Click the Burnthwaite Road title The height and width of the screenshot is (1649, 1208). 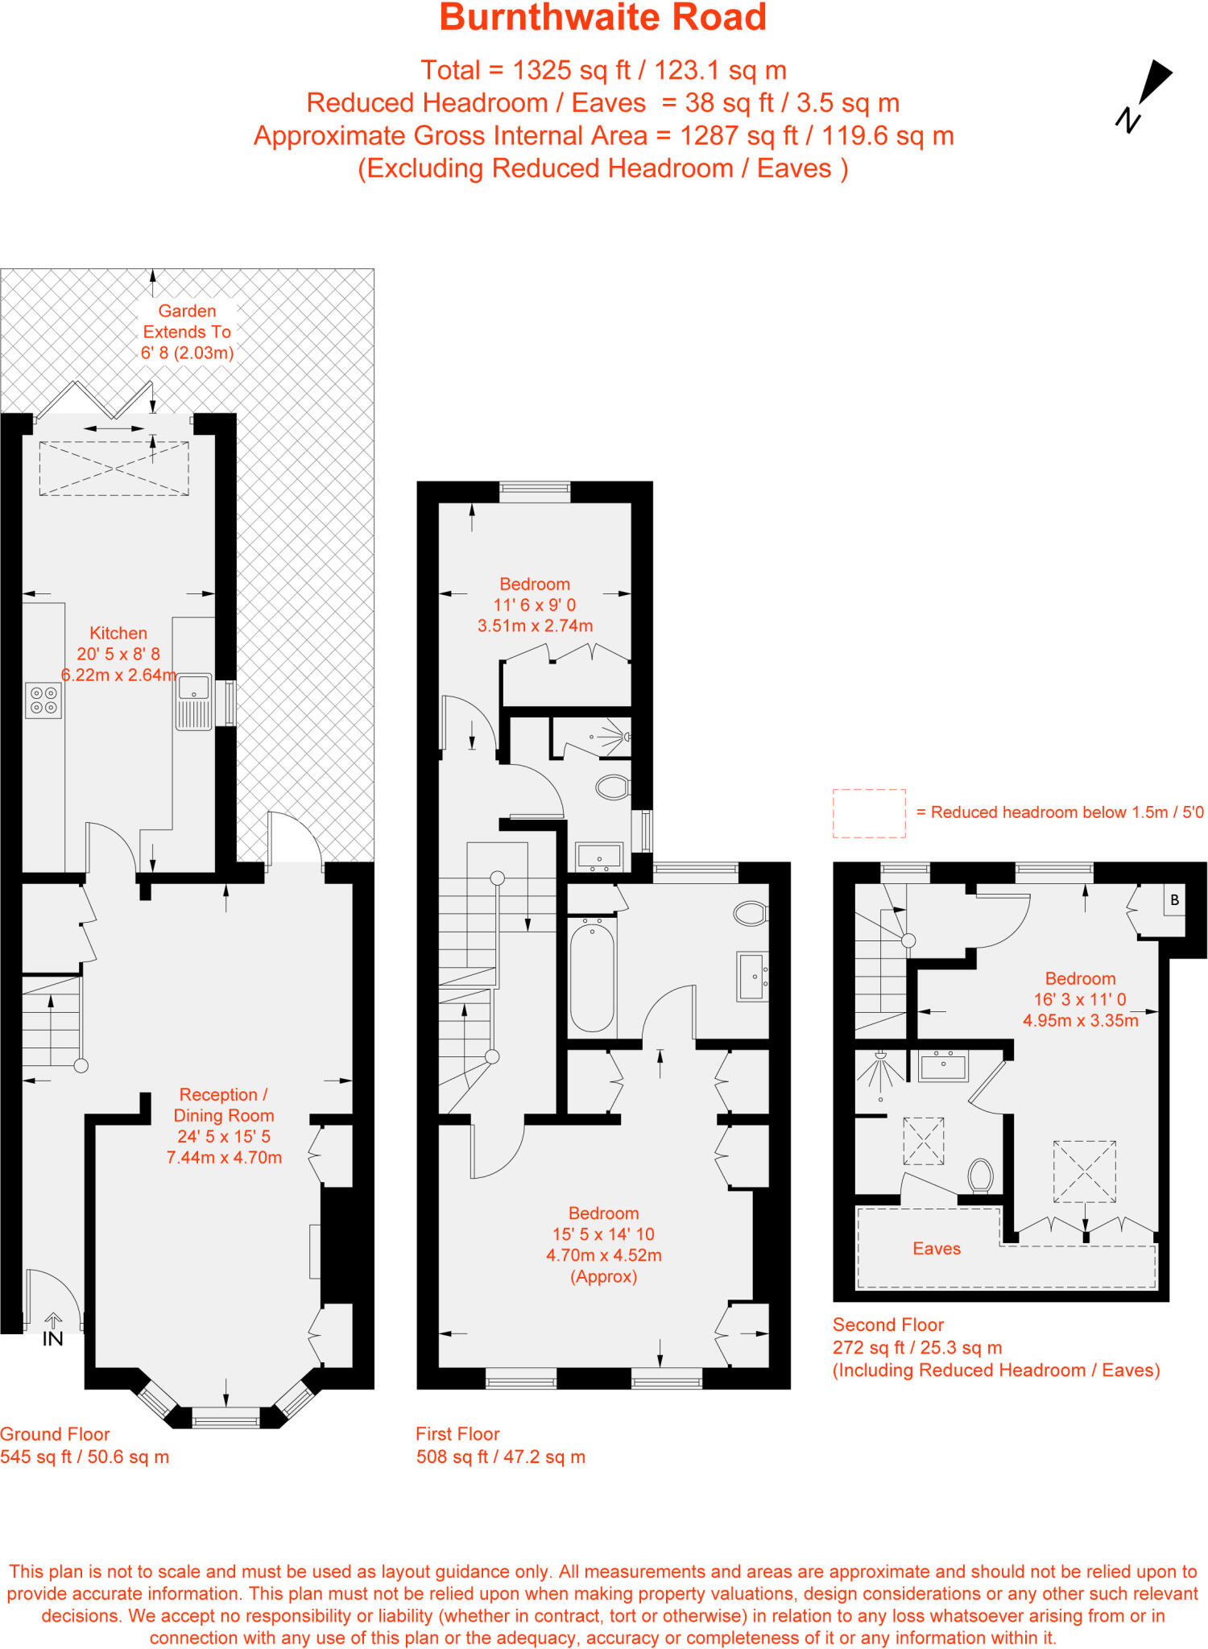click(x=602, y=18)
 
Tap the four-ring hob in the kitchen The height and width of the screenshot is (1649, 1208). click(x=43, y=700)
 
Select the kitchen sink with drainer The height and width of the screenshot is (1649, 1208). click(x=194, y=702)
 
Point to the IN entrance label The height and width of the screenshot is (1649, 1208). click(x=52, y=1338)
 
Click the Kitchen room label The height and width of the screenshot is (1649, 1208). click(x=118, y=634)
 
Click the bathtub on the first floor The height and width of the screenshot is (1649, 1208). click(x=593, y=977)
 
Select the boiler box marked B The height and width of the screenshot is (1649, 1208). click(x=1174, y=900)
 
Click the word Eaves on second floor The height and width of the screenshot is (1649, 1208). click(x=937, y=1249)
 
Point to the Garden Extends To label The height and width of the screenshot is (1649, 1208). click(x=187, y=332)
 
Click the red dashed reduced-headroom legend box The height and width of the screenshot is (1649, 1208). click(x=869, y=813)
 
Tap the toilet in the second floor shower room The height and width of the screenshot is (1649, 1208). click(x=980, y=1175)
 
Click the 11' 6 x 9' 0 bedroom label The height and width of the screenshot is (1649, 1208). click(x=535, y=605)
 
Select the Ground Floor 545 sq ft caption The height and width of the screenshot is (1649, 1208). click(x=85, y=1445)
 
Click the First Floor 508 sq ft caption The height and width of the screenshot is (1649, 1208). click(x=500, y=1445)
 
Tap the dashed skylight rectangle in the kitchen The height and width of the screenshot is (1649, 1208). click(x=114, y=468)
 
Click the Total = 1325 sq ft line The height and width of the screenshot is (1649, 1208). click(x=603, y=71)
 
